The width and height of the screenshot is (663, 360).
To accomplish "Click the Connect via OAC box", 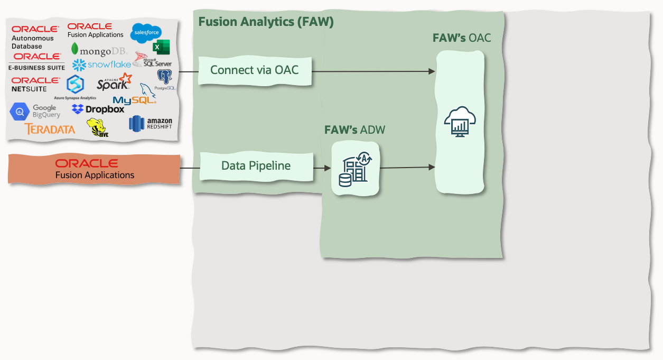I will (254, 70).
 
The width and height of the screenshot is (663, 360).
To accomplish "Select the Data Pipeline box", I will (256, 166).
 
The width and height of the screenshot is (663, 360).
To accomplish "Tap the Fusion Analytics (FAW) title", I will (266, 22).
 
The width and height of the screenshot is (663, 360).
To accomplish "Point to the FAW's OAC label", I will (462, 38).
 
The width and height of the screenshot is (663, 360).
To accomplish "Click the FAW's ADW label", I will (353, 130).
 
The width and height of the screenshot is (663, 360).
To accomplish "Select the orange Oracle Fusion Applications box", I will (95, 169).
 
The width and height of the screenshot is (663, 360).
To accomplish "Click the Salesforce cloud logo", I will (146, 32).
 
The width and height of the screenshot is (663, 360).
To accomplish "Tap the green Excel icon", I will (161, 47).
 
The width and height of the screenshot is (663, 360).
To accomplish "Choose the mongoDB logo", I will (99, 51).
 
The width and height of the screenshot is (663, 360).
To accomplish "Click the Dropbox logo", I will (98, 109).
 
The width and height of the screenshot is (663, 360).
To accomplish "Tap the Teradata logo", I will (50, 128).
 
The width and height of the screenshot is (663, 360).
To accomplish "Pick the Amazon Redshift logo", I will (151, 124).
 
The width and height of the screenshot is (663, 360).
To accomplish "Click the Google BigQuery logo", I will (35, 111).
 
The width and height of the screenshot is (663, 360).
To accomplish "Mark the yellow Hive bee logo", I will (96, 128).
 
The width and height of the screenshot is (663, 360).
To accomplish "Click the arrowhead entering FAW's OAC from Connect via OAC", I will (432, 71).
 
